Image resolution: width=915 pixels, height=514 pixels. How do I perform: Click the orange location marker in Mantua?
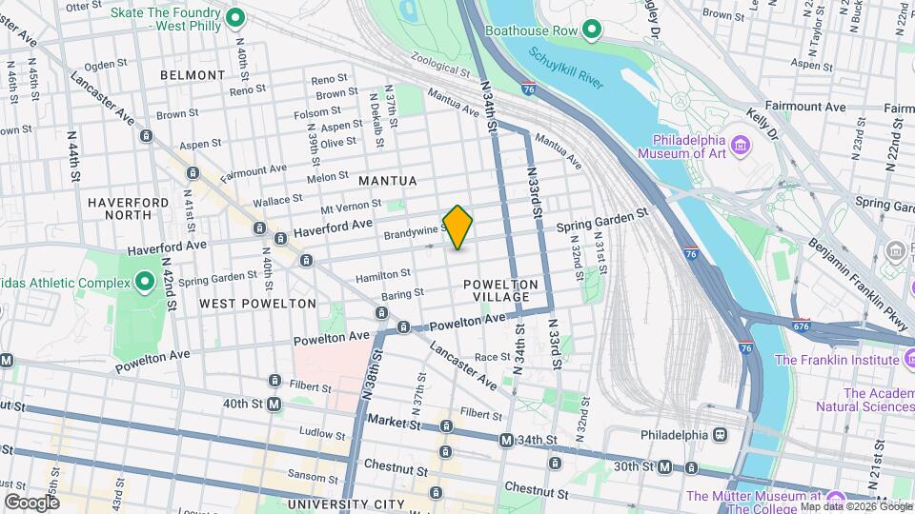(457, 227)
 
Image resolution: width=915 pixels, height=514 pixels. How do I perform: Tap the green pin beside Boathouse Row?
(591, 30)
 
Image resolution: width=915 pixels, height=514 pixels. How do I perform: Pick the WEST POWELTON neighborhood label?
(257, 304)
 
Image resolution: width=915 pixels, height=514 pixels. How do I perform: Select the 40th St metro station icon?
(274, 405)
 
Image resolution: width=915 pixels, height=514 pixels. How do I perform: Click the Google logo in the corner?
(31, 502)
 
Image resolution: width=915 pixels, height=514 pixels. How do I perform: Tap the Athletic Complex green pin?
(144, 282)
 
